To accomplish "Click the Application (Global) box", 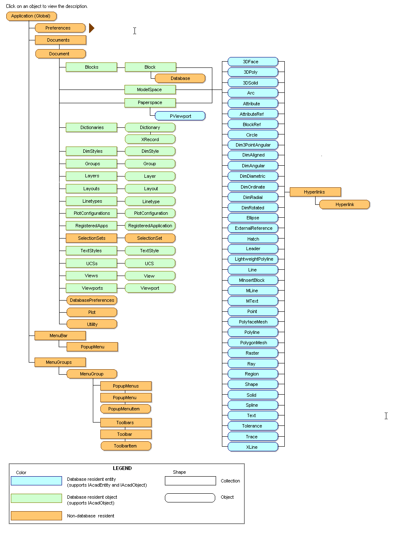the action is [x=31, y=16].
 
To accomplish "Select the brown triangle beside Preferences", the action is [x=92, y=28].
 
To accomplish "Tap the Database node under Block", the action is [x=180, y=78].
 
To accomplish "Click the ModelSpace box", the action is [x=150, y=89].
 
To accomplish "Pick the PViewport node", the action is [x=180, y=116].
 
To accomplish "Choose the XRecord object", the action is [x=150, y=139].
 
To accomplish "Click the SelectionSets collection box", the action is [x=92, y=238].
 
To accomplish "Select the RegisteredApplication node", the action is [x=150, y=226].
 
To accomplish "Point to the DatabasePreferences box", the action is [x=92, y=300].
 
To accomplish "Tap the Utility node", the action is [x=92, y=324].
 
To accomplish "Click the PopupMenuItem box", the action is [x=125, y=409].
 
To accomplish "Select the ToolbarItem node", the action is [x=126, y=446].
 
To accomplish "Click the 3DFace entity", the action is [x=253, y=62].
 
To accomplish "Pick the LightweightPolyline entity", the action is [x=253, y=259].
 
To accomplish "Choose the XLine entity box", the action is [x=253, y=447].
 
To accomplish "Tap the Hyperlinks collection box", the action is [x=315, y=192].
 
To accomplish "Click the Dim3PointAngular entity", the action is [x=253, y=145].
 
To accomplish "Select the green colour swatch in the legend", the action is [x=36, y=498].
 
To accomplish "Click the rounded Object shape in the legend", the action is [x=190, y=498].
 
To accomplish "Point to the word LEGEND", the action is [x=122, y=468].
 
